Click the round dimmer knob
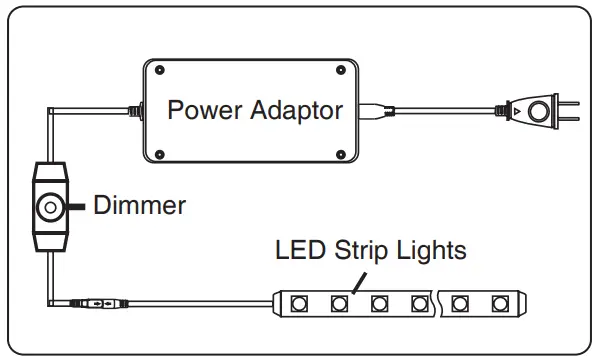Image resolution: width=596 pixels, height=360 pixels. [x=47, y=208]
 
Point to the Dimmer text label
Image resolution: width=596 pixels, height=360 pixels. [x=139, y=206]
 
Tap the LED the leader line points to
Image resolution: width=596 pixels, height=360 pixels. [x=339, y=300]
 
